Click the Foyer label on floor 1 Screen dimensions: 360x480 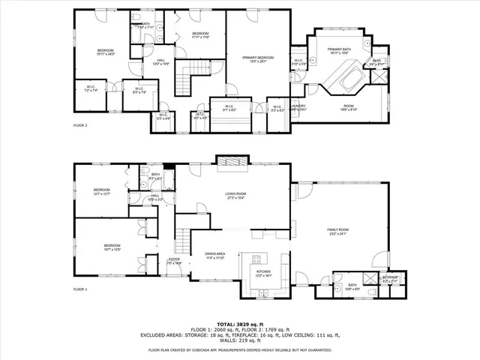point(173,260)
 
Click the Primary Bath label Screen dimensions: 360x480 point(339,51)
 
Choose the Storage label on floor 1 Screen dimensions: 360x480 point(391,278)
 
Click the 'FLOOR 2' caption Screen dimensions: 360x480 point(80,125)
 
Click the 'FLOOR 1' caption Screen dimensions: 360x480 point(80,289)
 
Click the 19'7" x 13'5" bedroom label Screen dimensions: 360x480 point(112,247)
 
